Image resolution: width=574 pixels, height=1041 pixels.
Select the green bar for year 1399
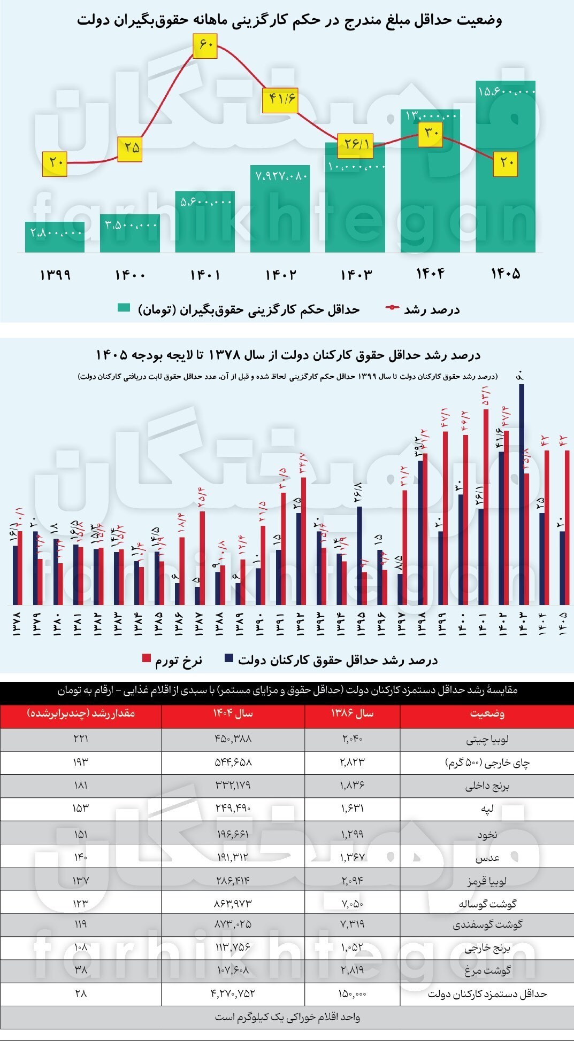(x=55, y=237)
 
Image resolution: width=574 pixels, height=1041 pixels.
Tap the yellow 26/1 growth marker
(x=355, y=144)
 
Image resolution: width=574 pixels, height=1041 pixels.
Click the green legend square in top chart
(x=124, y=308)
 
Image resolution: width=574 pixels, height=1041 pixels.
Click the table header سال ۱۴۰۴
(x=233, y=714)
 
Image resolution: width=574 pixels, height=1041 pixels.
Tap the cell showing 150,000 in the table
(x=353, y=994)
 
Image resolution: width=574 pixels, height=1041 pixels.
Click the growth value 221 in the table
(x=81, y=739)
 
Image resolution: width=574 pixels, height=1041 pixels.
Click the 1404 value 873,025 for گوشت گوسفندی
(x=233, y=924)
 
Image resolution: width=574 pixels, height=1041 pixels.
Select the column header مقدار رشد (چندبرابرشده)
(x=81, y=714)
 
